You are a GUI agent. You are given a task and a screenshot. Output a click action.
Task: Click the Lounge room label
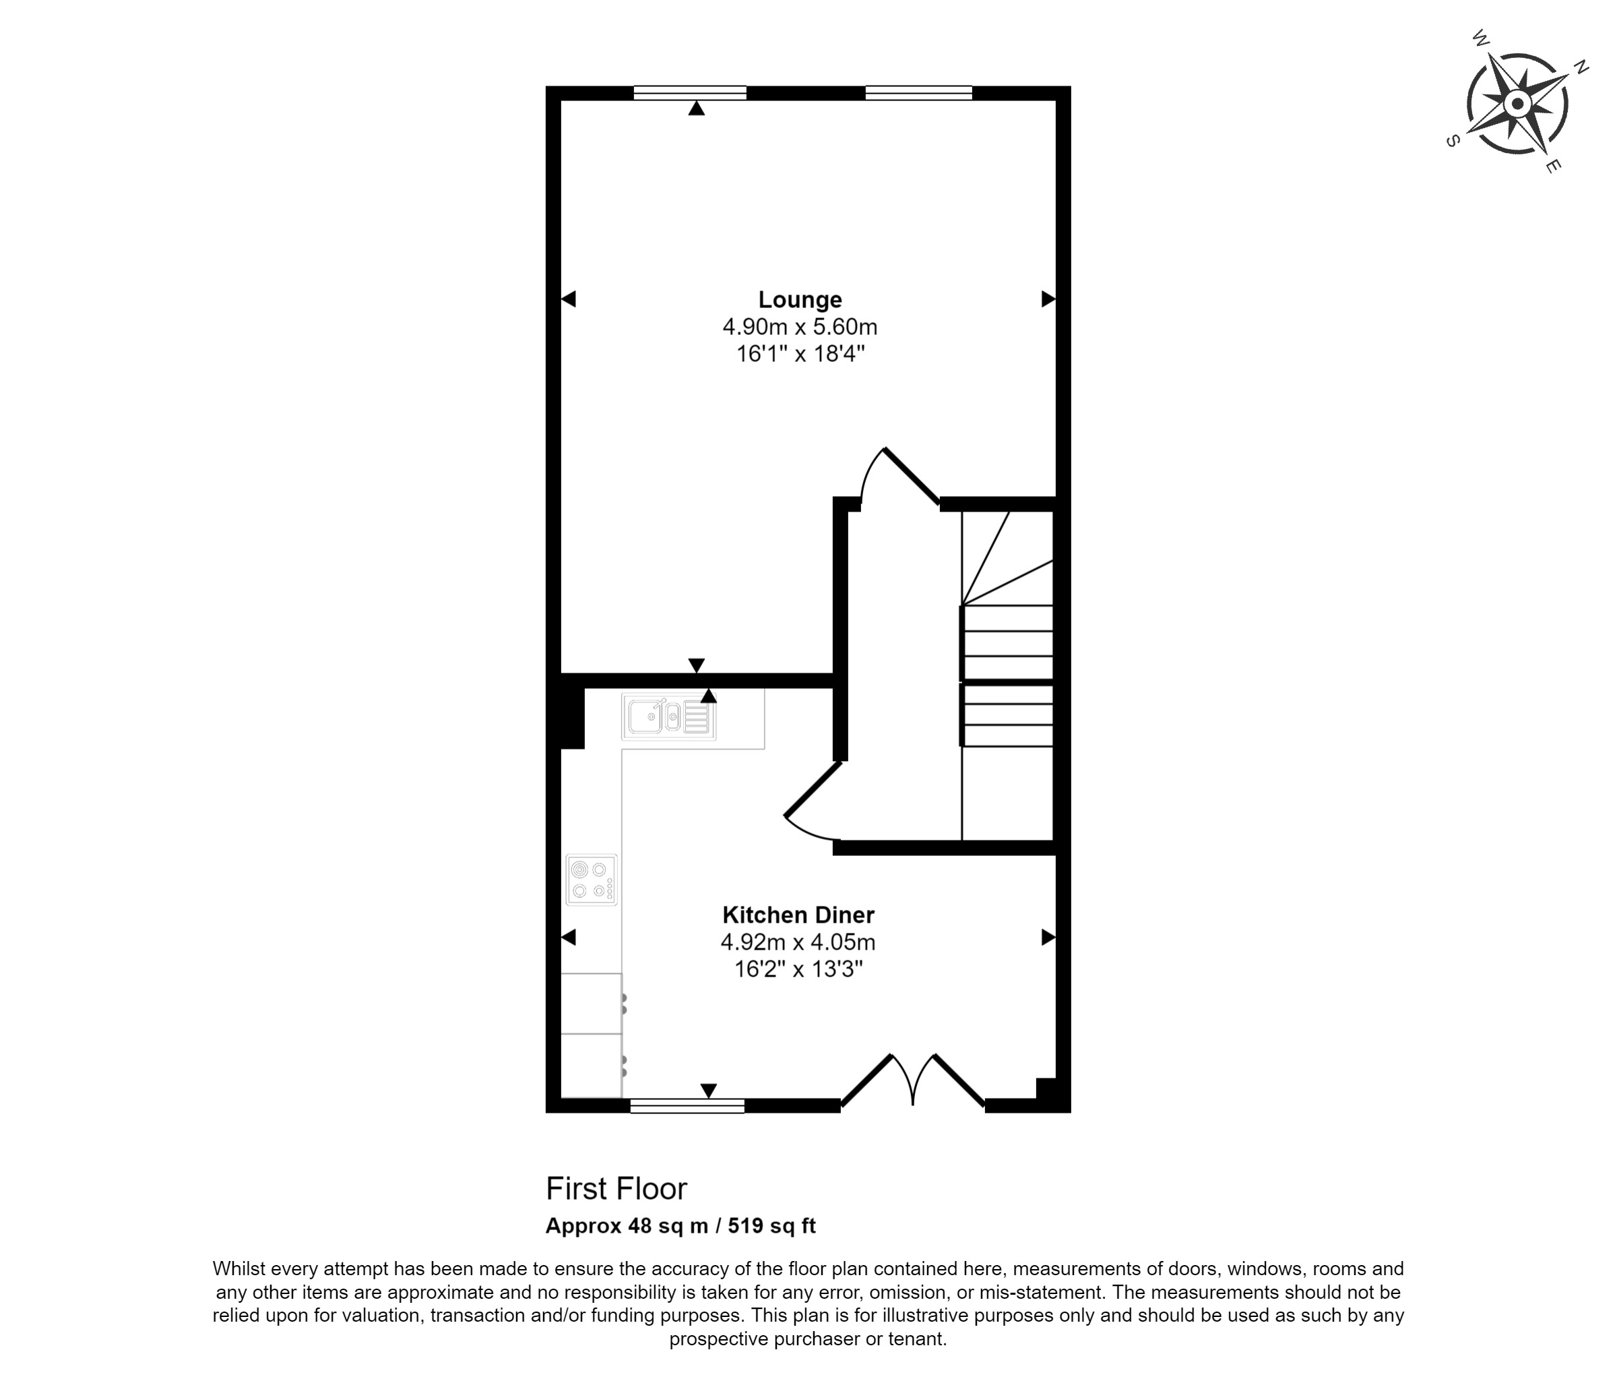tap(800, 300)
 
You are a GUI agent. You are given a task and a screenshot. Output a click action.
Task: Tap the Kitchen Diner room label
tap(798, 915)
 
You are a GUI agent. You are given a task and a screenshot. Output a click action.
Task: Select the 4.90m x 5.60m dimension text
tap(800, 326)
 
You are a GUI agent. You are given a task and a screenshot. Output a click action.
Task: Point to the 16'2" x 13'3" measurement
tap(798, 970)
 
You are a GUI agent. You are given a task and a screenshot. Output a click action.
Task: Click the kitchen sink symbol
tap(669, 716)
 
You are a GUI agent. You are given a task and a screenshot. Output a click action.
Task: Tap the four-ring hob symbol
tap(592, 880)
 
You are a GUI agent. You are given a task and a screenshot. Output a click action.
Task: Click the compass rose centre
tap(1518, 103)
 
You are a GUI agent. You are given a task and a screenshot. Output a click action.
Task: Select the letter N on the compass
tap(1581, 68)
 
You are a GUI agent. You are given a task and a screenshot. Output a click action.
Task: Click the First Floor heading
tap(616, 1189)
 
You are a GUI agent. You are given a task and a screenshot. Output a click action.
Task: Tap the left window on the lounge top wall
tap(690, 93)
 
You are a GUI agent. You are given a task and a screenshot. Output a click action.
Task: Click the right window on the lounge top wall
tap(918, 93)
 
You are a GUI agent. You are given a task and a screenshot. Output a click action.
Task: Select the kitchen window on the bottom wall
tap(687, 1105)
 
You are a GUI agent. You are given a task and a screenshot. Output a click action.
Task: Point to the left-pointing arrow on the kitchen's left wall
tap(568, 937)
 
